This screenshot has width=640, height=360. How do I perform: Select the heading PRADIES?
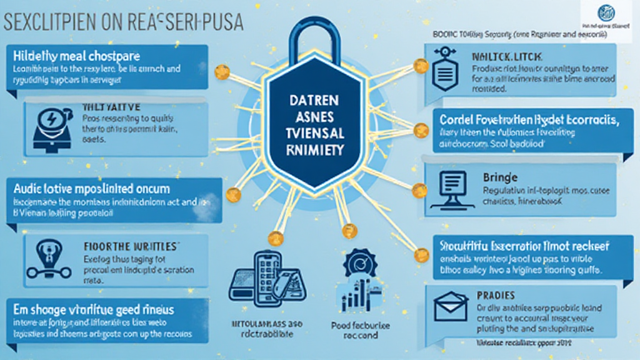click(496, 294)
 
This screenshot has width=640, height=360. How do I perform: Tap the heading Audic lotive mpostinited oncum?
click(100, 188)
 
